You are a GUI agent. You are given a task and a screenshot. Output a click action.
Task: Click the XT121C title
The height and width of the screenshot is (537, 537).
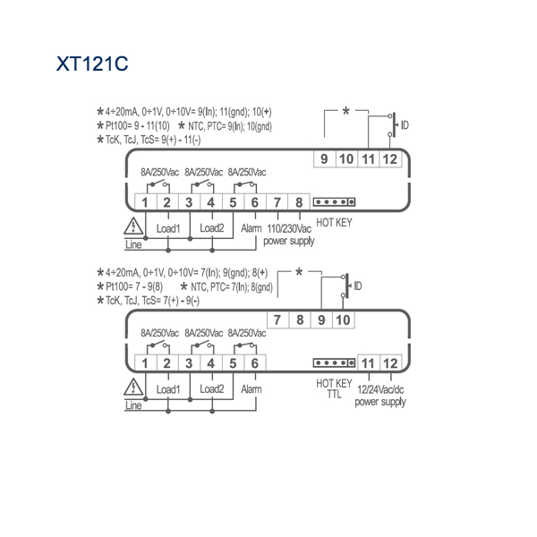pyautogui.click(x=92, y=64)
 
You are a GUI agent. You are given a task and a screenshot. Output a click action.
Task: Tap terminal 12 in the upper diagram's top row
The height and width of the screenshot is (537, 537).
pyautogui.click(x=390, y=159)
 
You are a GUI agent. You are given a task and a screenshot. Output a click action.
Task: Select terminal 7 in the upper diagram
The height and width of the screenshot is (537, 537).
pyautogui.click(x=277, y=202)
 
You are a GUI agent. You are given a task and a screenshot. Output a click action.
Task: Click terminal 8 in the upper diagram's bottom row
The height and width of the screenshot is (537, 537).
pyautogui.click(x=299, y=202)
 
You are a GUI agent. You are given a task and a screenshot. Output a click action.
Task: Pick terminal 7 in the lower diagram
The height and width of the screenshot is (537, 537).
pyautogui.click(x=277, y=320)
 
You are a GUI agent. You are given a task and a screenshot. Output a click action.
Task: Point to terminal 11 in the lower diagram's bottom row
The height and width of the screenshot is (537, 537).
pyautogui.click(x=368, y=363)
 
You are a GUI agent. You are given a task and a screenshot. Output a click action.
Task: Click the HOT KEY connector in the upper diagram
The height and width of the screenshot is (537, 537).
pyautogui.click(x=334, y=202)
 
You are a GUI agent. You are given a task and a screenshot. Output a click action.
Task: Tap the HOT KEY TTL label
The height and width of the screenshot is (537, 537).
pyautogui.click(x=334, y=388)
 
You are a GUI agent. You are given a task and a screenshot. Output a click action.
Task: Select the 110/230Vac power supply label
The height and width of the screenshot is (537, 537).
pyautogui.click(x=289, y=234)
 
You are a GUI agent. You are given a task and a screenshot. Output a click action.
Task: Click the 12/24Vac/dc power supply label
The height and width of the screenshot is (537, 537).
pyautogui.click(x=380, y=396)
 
